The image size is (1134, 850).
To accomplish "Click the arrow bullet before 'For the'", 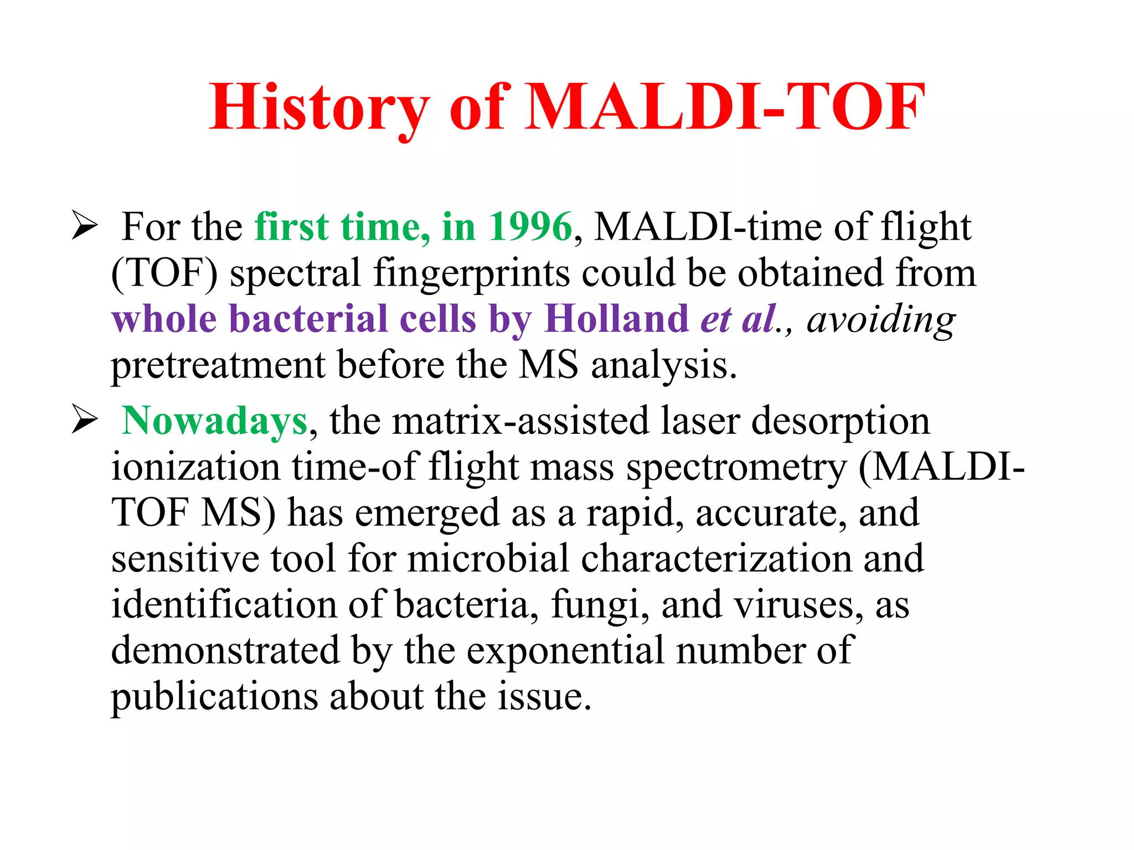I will [x=85, y=226].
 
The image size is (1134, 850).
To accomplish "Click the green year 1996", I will [x=530, y=227].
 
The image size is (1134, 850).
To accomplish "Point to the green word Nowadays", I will [x=214, y=421].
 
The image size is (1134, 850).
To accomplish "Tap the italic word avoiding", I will [x=880, y=320].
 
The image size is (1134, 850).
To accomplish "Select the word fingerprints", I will [x=471, y=273].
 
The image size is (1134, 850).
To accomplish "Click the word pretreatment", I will [x=218, y=366].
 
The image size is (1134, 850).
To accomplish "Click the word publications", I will [x=214, y=697].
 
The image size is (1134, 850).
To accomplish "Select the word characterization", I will [x=717, y=558].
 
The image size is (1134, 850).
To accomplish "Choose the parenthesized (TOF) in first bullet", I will [x=164, y=273].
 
